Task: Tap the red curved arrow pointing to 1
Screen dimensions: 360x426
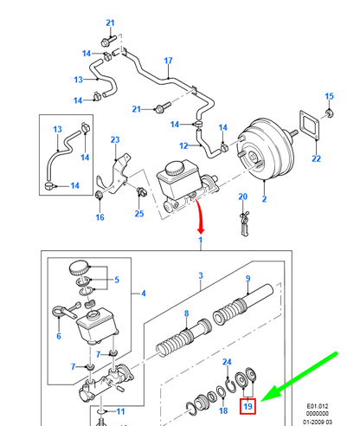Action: click(200, 216)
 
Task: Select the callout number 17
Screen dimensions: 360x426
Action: click(168, 61)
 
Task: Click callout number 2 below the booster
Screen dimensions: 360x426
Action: click(264, 199)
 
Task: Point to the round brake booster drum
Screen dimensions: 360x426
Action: click(266, 149)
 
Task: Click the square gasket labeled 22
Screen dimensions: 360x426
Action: click(310, 126)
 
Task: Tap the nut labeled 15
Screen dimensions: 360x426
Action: click(329, 113)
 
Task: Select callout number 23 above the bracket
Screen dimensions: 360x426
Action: click(115, 139)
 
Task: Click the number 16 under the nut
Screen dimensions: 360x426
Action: click(100, 217)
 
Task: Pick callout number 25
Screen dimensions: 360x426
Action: click(139, 214)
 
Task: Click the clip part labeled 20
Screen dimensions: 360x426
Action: click(245, 224)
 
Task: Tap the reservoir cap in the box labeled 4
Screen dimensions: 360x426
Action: click(80, 268)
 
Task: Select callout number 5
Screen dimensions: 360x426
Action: click(117, 280)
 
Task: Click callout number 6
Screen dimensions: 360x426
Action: click(59, 336)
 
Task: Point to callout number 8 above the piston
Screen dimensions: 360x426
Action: click(187, 313)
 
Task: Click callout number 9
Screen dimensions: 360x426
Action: click(248, 279)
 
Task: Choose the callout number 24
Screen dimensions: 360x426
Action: click(227, 362)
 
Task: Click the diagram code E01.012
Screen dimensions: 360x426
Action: click(318, 406)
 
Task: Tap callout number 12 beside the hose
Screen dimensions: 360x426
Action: click(183, 145)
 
